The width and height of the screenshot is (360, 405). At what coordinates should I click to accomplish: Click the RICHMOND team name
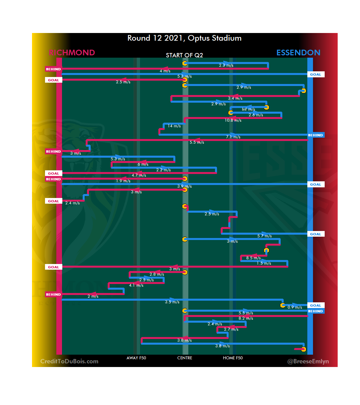coord(72,53)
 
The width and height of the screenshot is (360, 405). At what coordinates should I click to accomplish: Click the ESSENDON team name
coord(298,53)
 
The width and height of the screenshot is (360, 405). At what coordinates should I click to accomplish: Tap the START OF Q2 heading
coord(184,55)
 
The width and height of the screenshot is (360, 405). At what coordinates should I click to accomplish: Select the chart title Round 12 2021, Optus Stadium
coord(184,38)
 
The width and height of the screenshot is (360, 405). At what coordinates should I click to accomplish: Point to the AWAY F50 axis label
coord(136,358)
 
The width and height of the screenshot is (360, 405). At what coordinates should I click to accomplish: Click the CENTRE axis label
coord(185,358)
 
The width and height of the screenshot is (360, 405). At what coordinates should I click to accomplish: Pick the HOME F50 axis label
coord(233,358)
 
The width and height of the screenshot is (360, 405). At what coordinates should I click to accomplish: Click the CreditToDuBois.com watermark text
coord(69,361)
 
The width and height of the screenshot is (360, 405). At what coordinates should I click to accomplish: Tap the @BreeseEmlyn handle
coord(308,361)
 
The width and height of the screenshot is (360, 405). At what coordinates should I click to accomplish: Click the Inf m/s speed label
coord(248,109)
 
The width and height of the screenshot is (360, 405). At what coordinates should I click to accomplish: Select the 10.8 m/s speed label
coord(233,120)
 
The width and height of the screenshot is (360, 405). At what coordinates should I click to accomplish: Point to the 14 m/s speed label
coord(174,126)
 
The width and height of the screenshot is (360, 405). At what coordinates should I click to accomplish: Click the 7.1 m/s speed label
coord(233,137)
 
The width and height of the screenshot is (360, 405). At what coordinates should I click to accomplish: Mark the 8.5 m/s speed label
coord(253,258)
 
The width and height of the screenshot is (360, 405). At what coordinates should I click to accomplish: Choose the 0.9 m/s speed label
coord(295,307)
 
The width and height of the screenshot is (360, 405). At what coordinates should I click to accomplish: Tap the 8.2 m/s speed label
coord(246,318)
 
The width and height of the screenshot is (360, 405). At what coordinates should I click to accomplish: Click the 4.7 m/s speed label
coord(139,175)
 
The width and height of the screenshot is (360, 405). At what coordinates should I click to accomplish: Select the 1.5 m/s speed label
coord(264,263)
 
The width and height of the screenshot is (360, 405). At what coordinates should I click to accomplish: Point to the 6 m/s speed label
coord(143,164)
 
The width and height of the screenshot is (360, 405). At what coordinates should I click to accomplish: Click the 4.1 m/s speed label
coord(136,285)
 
